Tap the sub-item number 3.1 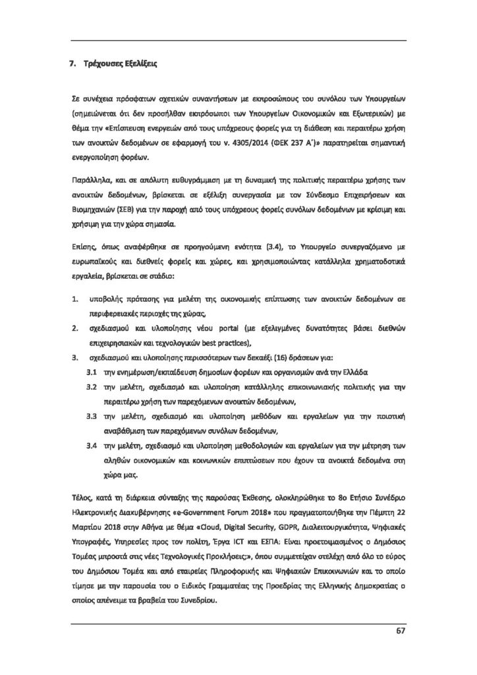92,372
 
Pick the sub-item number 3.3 92,417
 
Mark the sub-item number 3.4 92,446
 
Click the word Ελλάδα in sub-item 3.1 353,372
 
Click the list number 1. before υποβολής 74,299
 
